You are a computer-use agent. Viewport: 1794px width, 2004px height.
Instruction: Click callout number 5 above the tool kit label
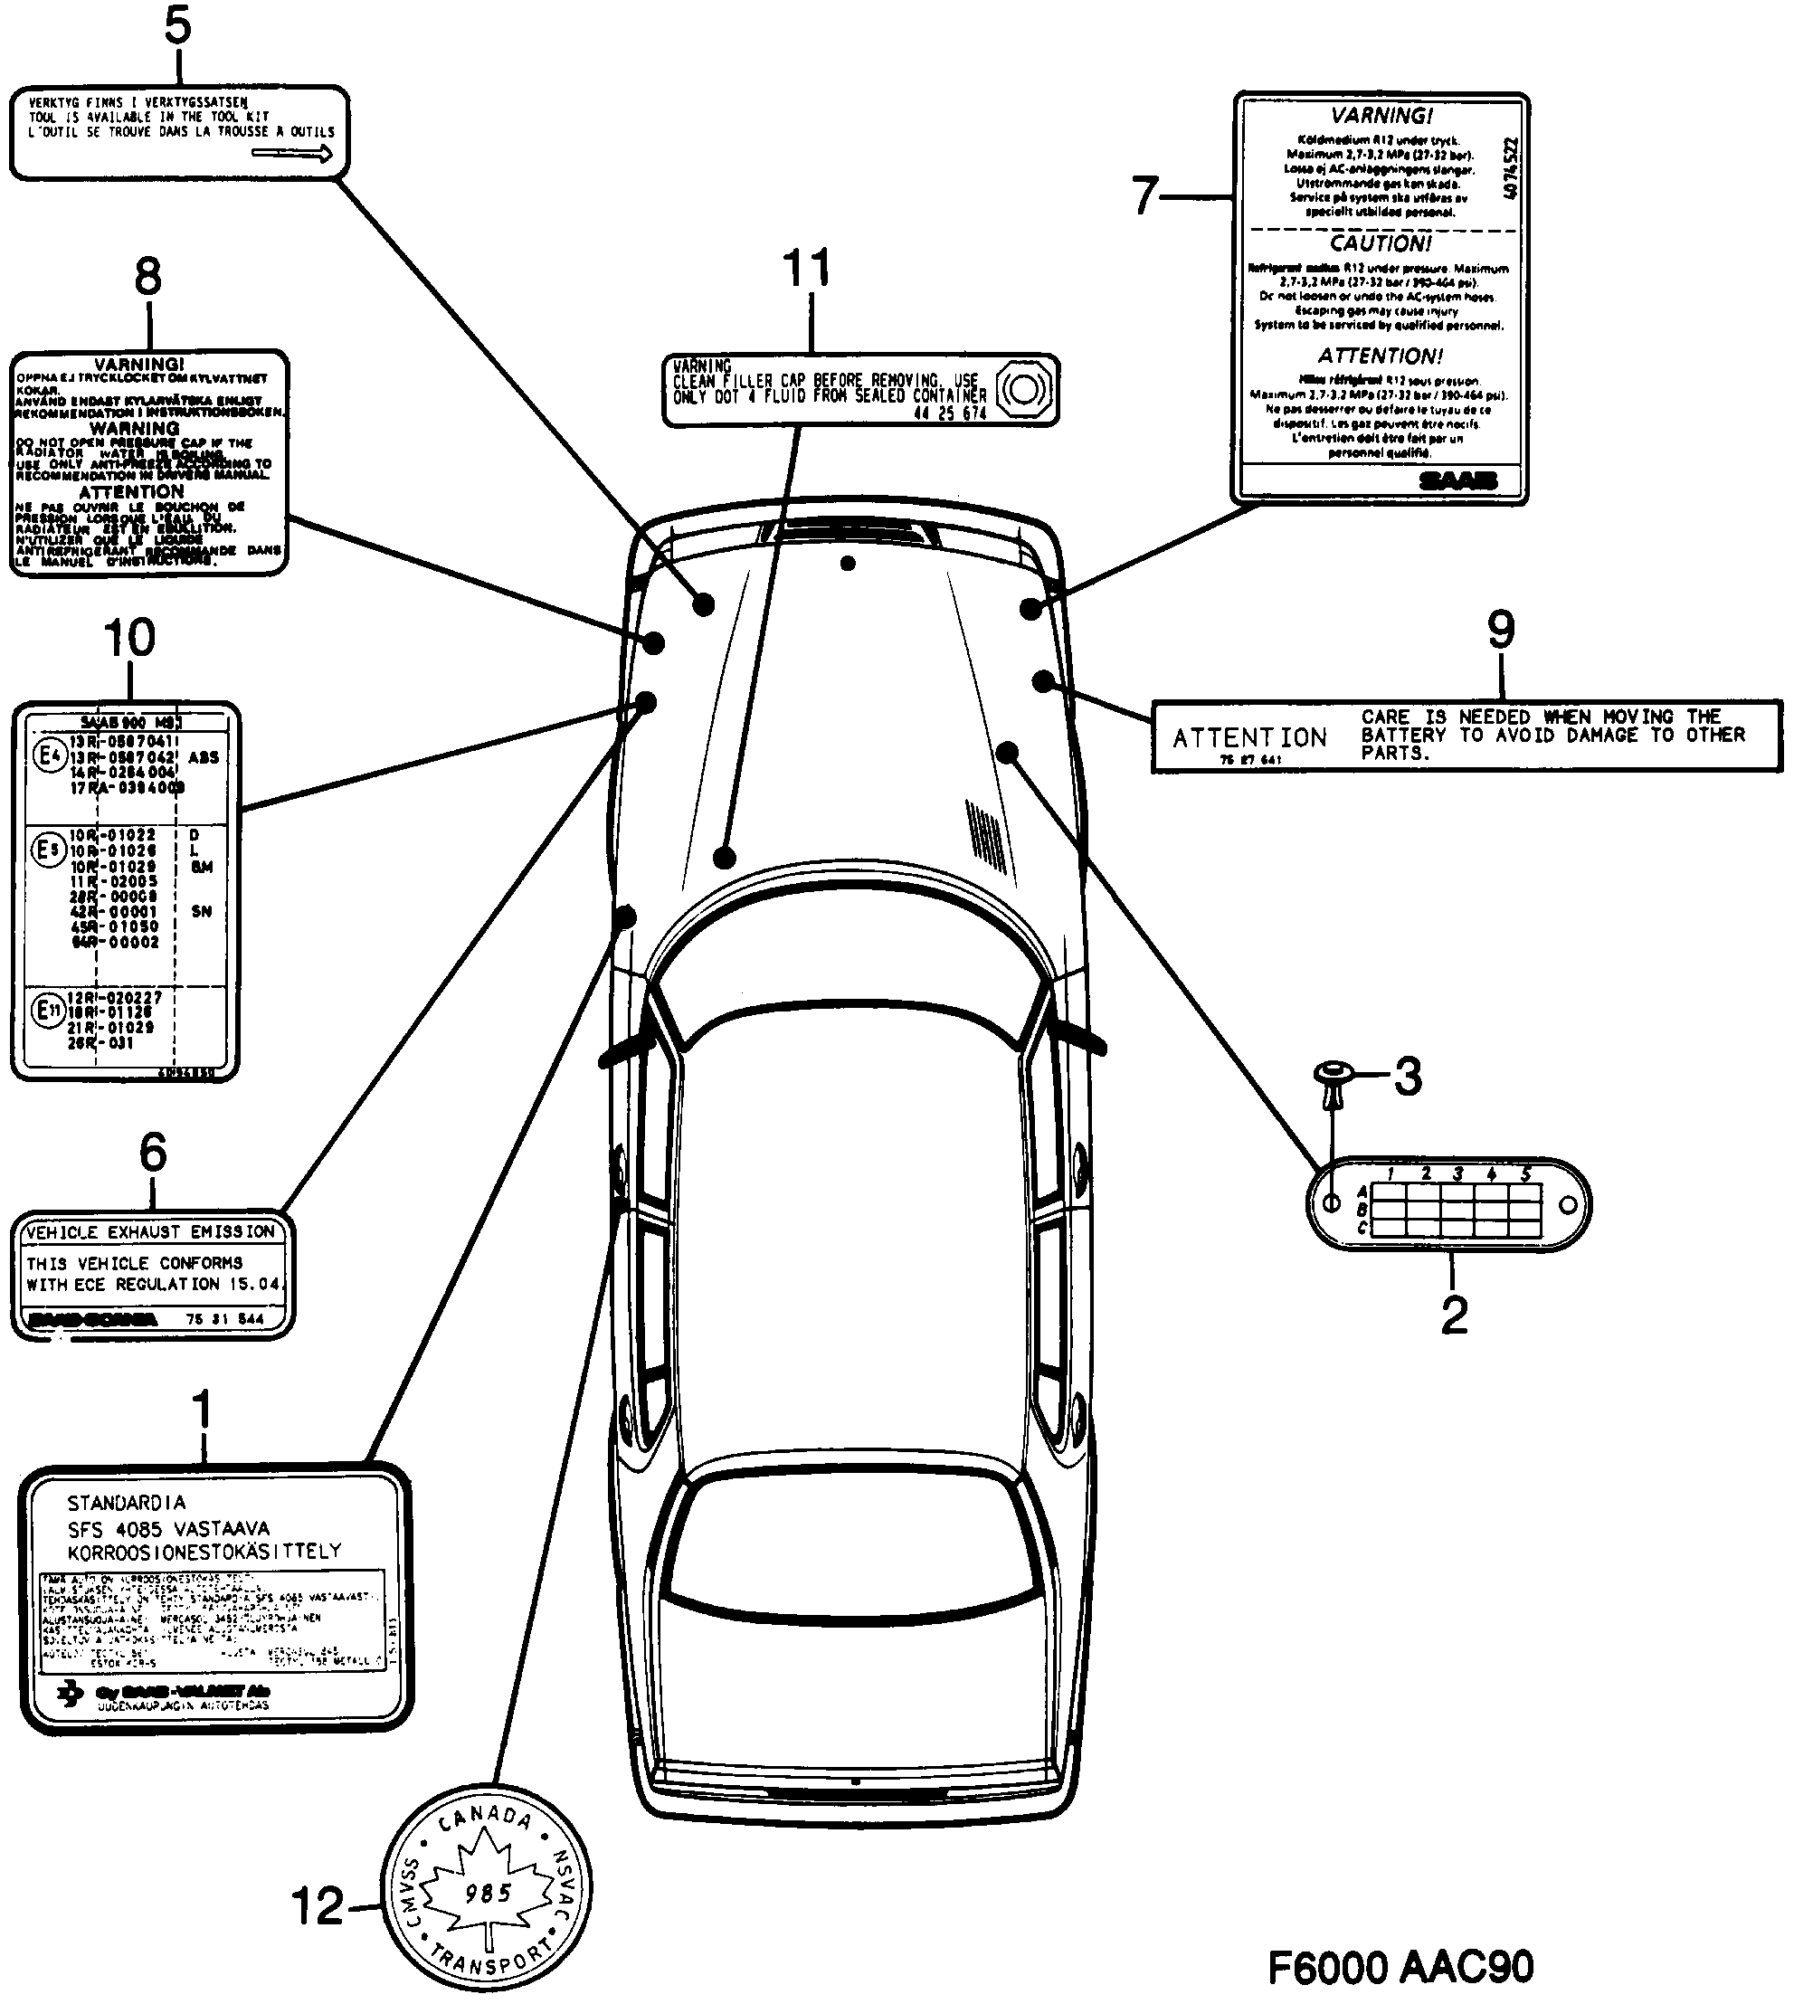(x=177, y=26)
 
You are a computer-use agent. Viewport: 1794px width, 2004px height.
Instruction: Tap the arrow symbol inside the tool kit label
(x=293, y=153)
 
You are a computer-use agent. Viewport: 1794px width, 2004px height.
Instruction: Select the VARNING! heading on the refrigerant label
(x=1381, y=115)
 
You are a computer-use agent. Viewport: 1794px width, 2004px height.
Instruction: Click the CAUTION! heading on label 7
(x=1380, y=242)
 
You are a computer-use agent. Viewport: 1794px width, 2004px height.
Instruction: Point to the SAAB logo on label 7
(x=1457, y=481)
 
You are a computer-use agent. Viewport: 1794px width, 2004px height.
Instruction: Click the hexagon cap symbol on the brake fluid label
(x=1023, y=389)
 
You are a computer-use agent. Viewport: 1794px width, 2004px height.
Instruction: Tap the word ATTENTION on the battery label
(x=1248, y=737)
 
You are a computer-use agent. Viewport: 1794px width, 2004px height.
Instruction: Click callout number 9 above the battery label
(x=1500, y=630)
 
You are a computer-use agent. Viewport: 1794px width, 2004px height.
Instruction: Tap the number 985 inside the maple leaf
(x=488, y=1893)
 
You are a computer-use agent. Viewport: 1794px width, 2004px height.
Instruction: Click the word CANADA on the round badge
(x=485, y=1817)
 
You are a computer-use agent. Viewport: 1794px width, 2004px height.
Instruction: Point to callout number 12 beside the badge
(x=318, y=1906)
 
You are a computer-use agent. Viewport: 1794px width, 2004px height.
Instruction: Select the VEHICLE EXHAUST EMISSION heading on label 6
(x=150, y=1232)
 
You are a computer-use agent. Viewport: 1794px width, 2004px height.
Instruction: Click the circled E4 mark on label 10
(x=49, y=756)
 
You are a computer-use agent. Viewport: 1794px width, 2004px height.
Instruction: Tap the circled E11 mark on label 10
(x=48, y=1011)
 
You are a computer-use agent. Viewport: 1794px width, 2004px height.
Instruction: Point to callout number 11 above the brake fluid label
(x=806, y=268)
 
